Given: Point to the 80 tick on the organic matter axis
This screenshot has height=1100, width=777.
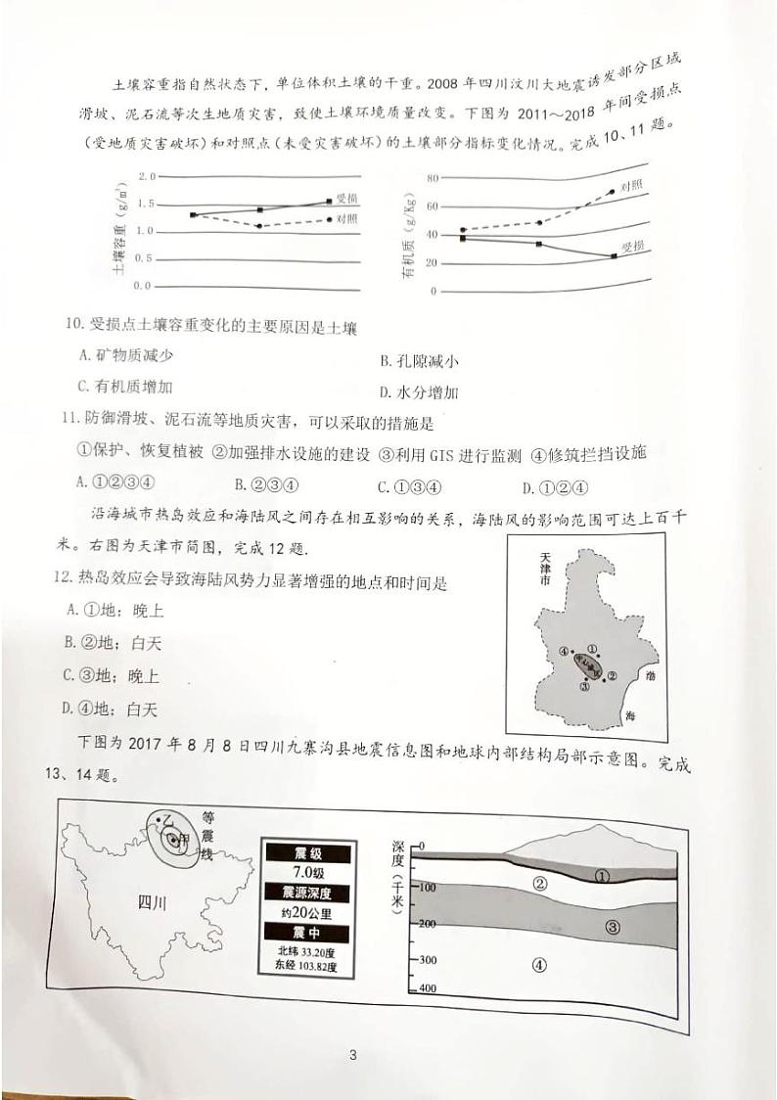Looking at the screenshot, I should [x=432, y=179].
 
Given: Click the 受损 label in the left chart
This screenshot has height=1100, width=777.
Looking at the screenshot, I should [x=346, y=199].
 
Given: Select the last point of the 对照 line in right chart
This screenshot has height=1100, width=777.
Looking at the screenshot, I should [x=612, y=192].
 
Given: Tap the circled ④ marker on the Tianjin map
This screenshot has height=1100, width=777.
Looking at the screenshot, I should [x=563, y=652].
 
